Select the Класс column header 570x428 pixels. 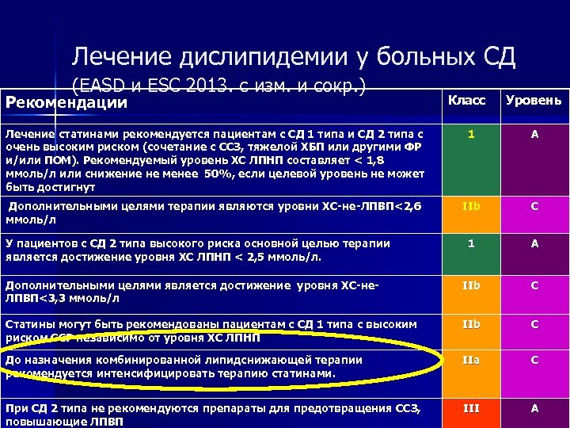467,101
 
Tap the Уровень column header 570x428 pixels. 534,101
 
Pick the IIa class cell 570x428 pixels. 470,360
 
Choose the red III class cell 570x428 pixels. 470,407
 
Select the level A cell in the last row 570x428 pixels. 534,407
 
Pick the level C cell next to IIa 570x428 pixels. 534,360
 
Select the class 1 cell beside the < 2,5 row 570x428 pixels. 470,244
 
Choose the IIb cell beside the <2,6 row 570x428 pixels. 470,207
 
